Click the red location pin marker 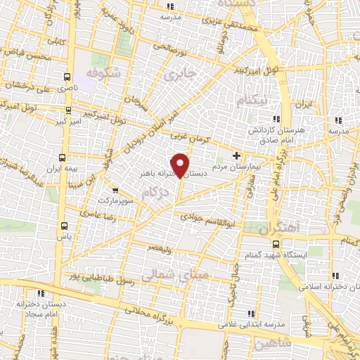pos(181,165)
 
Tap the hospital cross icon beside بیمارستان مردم pos(236,155)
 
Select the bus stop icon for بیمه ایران pos(62,157)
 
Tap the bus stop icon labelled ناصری pos(67,77)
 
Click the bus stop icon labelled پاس pos(65,226)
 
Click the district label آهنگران pos(278,229)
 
